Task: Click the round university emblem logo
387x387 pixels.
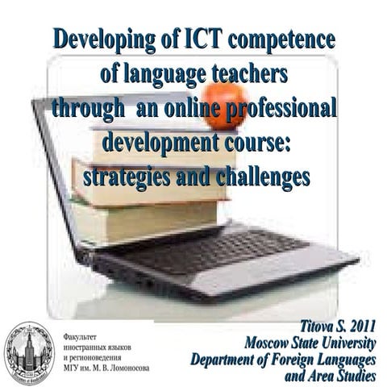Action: click(x=28, y=352)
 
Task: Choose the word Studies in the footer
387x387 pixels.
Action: click(x=352, y=375)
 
